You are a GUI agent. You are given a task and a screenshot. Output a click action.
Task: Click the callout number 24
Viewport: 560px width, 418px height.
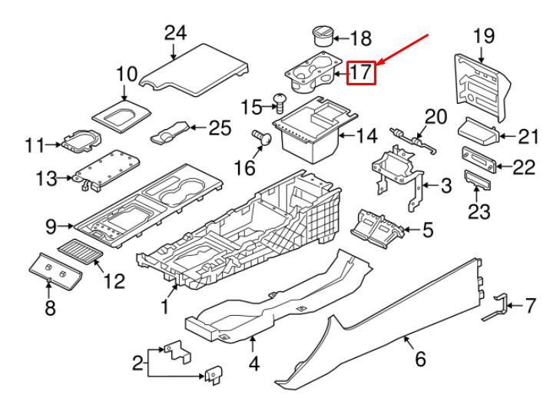tap(176, 32)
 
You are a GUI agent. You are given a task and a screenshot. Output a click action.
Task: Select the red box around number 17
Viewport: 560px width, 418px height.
tap(361, 73)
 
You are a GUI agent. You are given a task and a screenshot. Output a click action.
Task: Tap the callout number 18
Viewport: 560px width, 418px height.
tap(360, 38)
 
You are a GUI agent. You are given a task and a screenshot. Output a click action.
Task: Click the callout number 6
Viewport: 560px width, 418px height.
tap(420, 359)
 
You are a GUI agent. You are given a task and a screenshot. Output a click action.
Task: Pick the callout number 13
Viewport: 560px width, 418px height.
tap(45, 179)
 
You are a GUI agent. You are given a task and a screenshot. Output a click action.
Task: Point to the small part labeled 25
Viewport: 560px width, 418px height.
tap(173, 133)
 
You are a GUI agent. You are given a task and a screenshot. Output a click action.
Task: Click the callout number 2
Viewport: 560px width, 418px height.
tap(138, 362)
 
